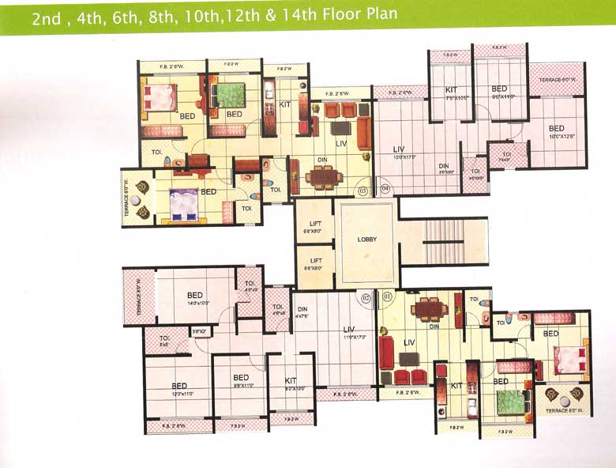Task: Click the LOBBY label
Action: pos(366,239)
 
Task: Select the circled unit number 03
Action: pos(362,191)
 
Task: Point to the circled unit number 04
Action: pos(385,188)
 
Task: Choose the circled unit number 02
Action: pos(365,298)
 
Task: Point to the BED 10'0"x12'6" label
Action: pos(557,130)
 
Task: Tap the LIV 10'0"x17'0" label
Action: pos(399,149)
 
